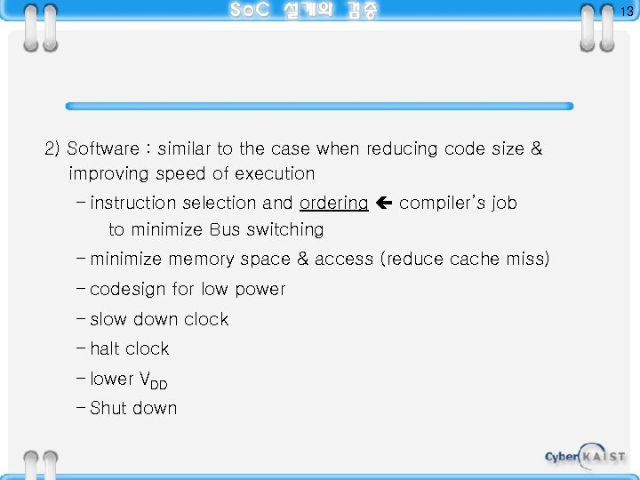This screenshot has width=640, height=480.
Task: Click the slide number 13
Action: pyautogui.click(x=627, y=12)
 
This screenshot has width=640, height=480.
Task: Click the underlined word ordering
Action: pyautogui.click(x=333, y=204)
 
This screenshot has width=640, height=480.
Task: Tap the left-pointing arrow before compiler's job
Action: pyautogui.click(x=384, y=204)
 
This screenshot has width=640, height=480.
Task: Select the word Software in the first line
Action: pyautogui.click(x=103, y=149)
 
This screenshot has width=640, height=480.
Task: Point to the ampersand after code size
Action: pyautogui.click(x=536, y=149)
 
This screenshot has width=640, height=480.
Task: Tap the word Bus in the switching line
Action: pyautogui.click(x=225, y=230)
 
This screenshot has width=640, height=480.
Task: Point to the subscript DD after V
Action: pyautogui.click(x=157, y=384)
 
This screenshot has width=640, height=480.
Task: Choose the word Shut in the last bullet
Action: pyautogui.click(x=108, y=409)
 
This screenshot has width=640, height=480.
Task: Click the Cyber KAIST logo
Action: pyautogui.click(x=585, y=456)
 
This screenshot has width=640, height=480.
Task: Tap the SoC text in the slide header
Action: pyautogui.click(x=248, y=11)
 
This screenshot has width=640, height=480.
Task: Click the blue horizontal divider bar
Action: pyautogui.click(x=320, y=106)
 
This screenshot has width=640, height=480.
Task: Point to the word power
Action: pyautogui.click(x=259, y=290)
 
